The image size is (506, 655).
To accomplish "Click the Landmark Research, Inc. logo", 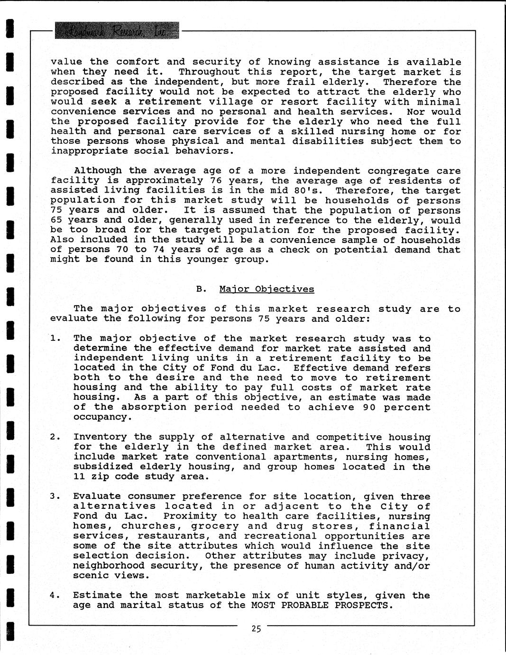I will (117, 31).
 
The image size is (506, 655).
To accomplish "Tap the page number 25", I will (256, 629).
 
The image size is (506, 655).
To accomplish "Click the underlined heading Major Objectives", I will (267, 289).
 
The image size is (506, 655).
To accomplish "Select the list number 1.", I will (55, 338).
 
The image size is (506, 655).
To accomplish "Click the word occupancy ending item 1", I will (100, 417).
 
